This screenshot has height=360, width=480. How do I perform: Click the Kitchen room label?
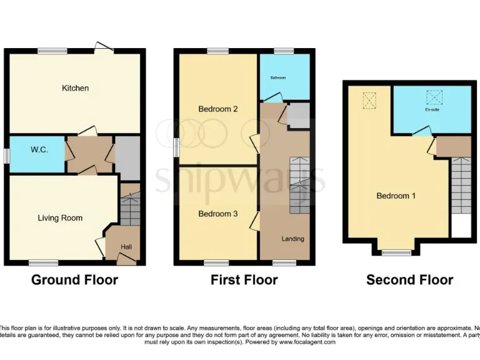(75, 88)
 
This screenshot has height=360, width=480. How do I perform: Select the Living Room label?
(60, 218)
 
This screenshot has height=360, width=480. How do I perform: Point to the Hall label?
(126, 247)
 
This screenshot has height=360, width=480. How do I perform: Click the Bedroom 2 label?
(217, 109)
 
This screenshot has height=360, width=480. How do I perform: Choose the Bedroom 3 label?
(217, 214)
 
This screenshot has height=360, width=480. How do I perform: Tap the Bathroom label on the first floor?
(277, 78)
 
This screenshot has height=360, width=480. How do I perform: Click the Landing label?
(292, 239)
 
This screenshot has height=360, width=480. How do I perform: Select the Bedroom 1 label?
(396, 196)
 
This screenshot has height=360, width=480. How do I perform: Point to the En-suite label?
(432, 110)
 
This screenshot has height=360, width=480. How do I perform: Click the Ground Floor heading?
(74, 280)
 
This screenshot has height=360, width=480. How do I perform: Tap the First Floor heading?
(244, 280)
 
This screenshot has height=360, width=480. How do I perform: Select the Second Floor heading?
(409, 280)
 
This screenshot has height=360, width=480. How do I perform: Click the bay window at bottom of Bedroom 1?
(396, 252)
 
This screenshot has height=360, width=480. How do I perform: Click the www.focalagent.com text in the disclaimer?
(307, 342)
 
